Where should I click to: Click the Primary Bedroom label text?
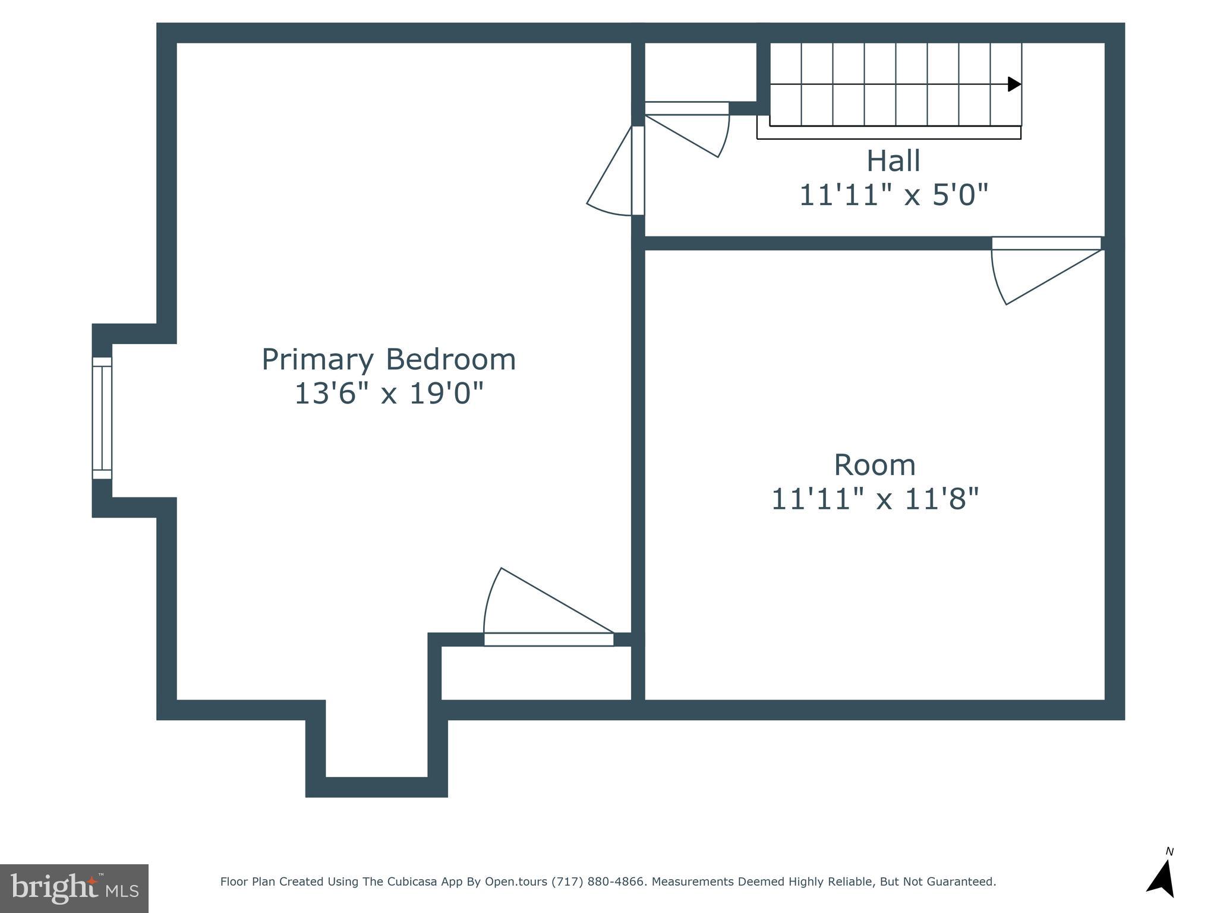coord(389,360)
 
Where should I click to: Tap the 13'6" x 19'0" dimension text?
coord(389,393)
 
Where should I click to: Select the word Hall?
coord(893,161)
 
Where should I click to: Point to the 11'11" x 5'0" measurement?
coord(893,195)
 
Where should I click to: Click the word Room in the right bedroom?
coord(874,465)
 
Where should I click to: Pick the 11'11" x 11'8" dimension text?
coord(874,499)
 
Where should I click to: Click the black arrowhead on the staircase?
coord(1014,84)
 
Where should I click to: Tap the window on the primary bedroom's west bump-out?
coord(102,418)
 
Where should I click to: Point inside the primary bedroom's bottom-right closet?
coord(535,672)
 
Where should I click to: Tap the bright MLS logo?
coord(74,889)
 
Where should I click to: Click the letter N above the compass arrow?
coord(1169,852)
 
